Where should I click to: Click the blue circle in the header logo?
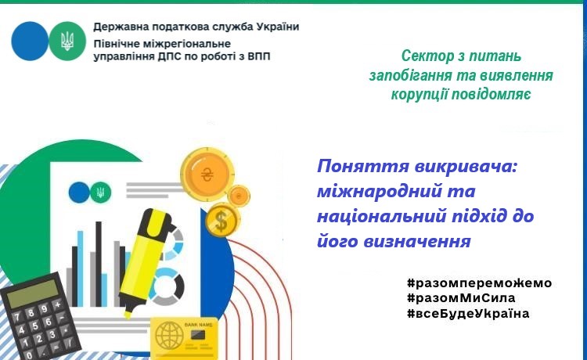click(30, 41)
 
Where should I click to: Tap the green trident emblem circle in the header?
click(67, 41)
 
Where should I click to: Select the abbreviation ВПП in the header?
click(259, 56)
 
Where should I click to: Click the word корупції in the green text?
click(420, 94)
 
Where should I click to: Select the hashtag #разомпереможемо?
click(479, 283)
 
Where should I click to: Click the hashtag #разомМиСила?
click(461, 298)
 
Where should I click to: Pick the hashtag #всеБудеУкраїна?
click(468, 313)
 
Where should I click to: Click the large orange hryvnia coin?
click(207, 175)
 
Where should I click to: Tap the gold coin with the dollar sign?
click(221, 221)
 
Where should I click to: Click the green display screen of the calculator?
click(33, 293)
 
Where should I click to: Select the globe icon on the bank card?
click(167, 336)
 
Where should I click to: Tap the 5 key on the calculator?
click(34, 326)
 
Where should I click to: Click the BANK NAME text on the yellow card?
click(199, 325)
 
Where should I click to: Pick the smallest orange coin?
click(239, 196)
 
